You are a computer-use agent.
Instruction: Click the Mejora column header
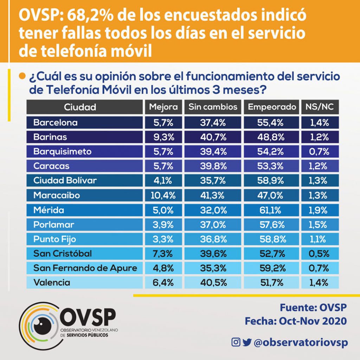tap(163, 107)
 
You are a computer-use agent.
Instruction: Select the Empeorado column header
tap(272, 107)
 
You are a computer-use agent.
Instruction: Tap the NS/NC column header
tap(320, 107)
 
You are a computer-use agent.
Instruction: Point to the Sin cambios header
tap(213, 107)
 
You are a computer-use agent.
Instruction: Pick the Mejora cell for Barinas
tap(163, 137)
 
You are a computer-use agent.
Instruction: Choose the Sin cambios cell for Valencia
tap(213, 282)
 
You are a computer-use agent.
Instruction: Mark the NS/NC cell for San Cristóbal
tap(320, 253)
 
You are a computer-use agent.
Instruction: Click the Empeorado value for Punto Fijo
tap(272, 239)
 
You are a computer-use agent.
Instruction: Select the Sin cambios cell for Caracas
tap(213, 166)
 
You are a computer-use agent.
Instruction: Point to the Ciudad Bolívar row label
tap(65, 180)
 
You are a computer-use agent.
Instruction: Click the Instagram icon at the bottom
tap(236, 342)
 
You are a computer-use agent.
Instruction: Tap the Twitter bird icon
tap(247, 342)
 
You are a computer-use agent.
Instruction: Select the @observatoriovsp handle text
tap(301, 342)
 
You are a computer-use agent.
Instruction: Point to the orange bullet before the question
tap(22, 76)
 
